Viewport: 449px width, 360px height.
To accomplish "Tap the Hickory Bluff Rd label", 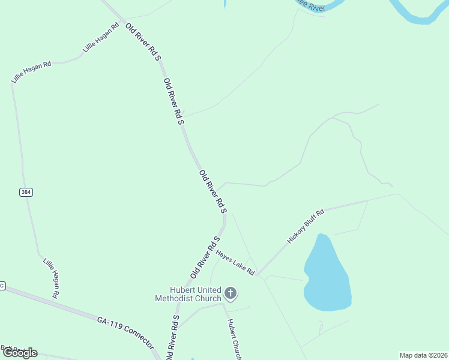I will click(x=306, y=226).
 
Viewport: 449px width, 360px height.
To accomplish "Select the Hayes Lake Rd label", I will click(x=236, y=263).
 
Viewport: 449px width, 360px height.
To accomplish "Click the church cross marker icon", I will click(x=231, y=293).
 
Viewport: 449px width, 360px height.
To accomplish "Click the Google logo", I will click(x=20, y=353).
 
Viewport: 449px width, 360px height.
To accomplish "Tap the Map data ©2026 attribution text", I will click(x=423, y=355).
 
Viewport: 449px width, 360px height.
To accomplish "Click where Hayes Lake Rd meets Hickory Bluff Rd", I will click(x=258, y=275).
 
